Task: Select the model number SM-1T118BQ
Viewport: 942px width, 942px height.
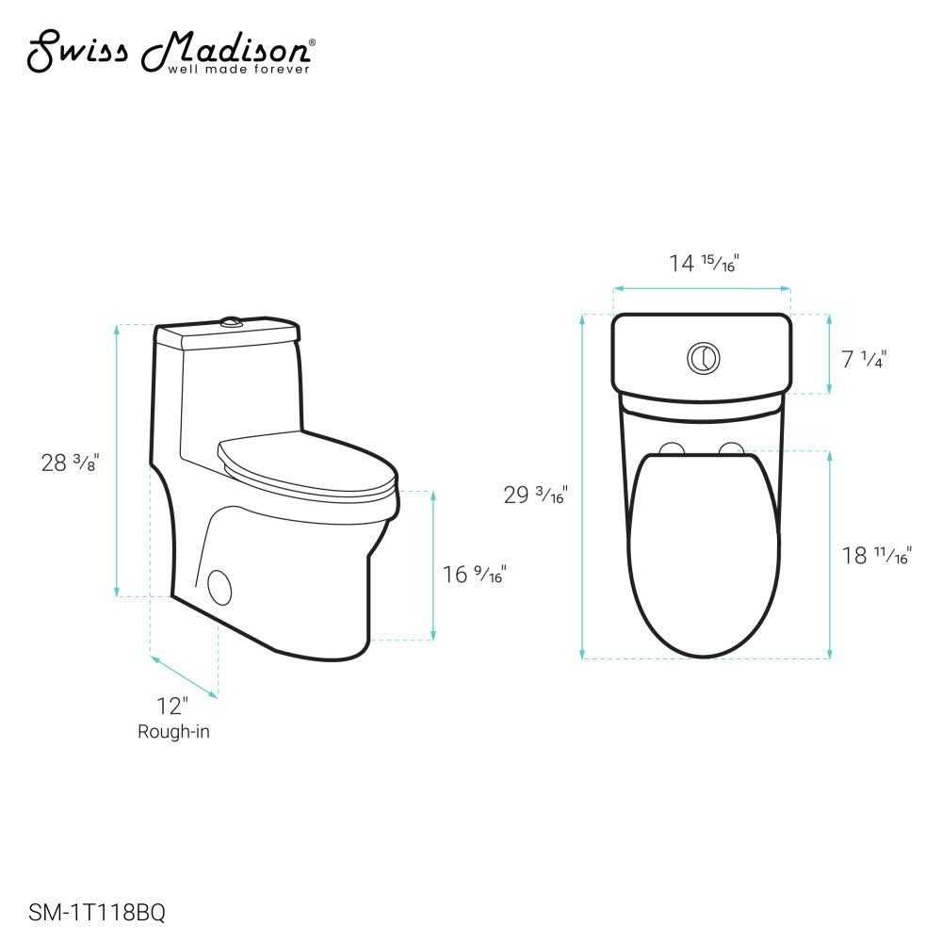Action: (x=90, y=911)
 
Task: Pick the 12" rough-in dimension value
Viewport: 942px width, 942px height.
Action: (x=173, y=706)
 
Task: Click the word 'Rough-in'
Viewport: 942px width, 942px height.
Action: (x=173, y=731)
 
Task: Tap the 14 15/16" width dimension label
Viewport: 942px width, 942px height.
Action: (x=703, y=263)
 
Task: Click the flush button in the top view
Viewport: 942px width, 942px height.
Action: (x=702, y=357)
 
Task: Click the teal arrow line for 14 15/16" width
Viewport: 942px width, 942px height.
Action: (x=702, y=289)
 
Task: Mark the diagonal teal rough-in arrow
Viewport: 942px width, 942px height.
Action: (x=185, y=677)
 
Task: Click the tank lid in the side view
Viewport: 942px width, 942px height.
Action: (x=228, y=335)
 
